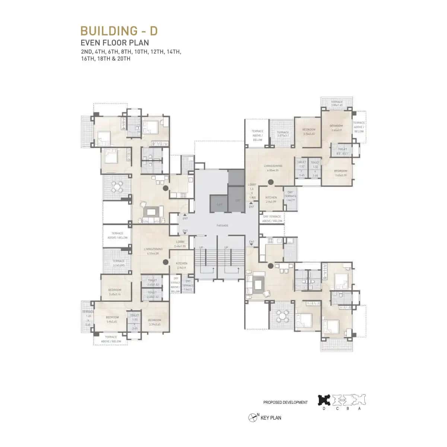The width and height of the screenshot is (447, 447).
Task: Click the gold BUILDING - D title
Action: point(119,31)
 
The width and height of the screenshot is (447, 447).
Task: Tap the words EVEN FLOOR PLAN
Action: point(115,43)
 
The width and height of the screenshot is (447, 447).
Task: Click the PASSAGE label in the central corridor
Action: point(222,225)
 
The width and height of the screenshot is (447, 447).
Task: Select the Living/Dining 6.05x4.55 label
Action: point(273,168)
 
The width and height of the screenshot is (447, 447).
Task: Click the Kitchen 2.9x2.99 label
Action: point(271,199)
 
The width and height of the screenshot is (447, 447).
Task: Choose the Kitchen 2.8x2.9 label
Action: point(181,265)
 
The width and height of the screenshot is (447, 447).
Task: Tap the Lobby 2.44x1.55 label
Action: point(180,244)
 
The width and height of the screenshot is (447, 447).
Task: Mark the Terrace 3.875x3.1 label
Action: point(283,134)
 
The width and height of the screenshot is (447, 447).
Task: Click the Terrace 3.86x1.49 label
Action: point(336,103)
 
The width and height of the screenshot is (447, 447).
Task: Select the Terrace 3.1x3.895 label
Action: point(118,263)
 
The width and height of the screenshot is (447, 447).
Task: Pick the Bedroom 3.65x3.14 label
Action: point(115,292)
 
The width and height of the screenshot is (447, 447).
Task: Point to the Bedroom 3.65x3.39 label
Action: point(340,173)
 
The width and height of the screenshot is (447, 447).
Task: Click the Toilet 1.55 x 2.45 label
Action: point(134,321)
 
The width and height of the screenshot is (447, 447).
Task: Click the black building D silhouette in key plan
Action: point(324,400)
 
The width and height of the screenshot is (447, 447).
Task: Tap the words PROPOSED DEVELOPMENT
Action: point(285,403)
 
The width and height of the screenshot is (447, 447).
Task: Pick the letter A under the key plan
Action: point(359,409)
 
